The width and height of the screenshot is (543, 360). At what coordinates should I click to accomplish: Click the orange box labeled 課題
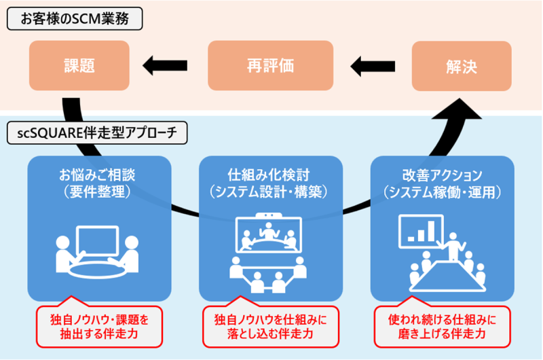[79, 66]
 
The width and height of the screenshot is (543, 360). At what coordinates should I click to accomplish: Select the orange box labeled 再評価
[270, 66]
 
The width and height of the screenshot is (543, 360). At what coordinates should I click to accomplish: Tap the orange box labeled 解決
[462, 66]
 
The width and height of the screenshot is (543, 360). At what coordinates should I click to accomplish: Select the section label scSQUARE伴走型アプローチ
[95, 134]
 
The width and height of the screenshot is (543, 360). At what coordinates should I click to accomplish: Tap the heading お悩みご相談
[97, 175]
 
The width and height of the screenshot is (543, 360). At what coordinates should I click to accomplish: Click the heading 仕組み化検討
[269, 175]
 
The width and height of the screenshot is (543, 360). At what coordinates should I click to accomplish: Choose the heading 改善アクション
[442, 175]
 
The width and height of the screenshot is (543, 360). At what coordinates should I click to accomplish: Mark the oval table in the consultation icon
[97, 267]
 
